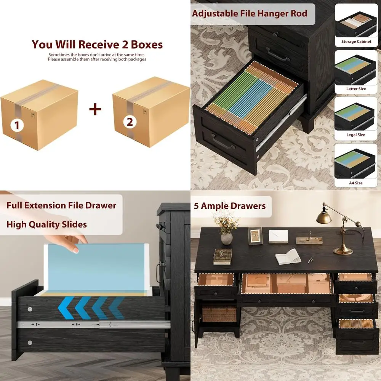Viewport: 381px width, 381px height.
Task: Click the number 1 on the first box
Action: click(x=17, y=125)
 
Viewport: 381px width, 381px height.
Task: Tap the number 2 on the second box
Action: click(x=130, y=122)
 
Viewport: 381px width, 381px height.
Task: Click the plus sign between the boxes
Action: click(x=95, y=109)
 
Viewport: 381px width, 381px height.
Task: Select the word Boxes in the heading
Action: click(x=147, y=45)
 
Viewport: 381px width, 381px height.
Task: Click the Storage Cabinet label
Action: click(x=356, y=42)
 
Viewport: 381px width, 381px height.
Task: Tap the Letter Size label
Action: click(x=356, y=89)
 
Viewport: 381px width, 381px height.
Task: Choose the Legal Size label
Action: click(x=356, y=135)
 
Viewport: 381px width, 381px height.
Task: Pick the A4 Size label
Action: click(x=356, y=183)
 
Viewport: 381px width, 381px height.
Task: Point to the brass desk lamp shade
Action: click(x=323, y=218)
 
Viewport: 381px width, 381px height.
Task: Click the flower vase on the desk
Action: click(x=226, y=239)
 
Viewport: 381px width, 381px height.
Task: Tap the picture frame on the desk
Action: click(x=255, y=236)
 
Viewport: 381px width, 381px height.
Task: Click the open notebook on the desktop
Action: click(x=288, y=256)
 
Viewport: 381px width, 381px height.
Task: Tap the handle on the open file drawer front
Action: click(x=223, y=142)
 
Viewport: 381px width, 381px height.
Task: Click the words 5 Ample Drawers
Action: click(x=230, y=206)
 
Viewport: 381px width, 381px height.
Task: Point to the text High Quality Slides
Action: click(x=46, y=224)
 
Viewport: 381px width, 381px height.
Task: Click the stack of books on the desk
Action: click(x=223, y=256)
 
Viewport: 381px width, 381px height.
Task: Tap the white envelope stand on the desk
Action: click(x=278, y=237)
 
